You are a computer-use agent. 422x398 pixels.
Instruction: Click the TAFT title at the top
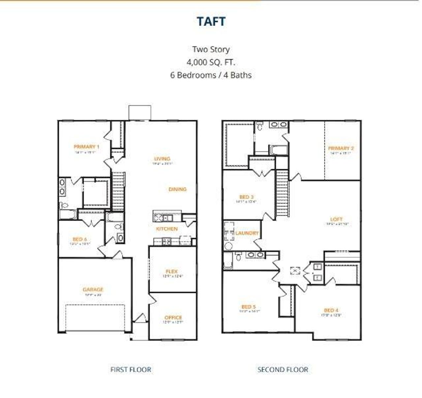point(211,21)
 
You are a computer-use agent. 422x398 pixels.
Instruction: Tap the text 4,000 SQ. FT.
point(211,62)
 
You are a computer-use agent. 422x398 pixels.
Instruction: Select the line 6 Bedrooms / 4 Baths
point(211,75)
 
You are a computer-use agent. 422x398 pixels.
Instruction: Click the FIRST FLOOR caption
point(131,369)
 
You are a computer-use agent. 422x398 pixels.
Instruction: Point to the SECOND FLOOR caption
point(283,369)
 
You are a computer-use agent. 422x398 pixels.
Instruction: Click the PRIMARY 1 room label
point(86,147)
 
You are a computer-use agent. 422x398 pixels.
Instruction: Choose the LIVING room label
point(162,159)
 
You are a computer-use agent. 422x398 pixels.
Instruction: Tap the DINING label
point(177,189)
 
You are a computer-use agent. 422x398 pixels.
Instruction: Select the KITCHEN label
point(167,229)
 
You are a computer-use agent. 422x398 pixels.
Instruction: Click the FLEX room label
point(172,272)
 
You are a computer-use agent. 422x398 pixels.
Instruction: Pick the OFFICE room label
point(173,318)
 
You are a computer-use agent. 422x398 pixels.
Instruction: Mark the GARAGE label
point(93,290)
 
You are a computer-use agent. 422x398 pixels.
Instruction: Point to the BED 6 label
point(80,239)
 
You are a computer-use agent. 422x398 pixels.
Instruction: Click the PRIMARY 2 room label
point(341,148)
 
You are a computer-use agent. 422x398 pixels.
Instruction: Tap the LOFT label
point(336,219)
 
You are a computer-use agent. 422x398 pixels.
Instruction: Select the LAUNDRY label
point(247,233)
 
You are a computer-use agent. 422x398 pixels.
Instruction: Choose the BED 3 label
point(246,197)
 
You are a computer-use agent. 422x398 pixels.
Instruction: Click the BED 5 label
point(249,307)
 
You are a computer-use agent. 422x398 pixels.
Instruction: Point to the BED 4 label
point(331,310)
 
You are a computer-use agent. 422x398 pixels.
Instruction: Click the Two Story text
point(211,49)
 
